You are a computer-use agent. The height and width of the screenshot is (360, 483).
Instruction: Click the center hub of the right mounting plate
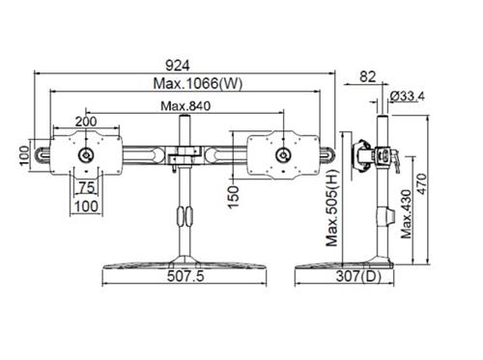click(283, 155)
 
